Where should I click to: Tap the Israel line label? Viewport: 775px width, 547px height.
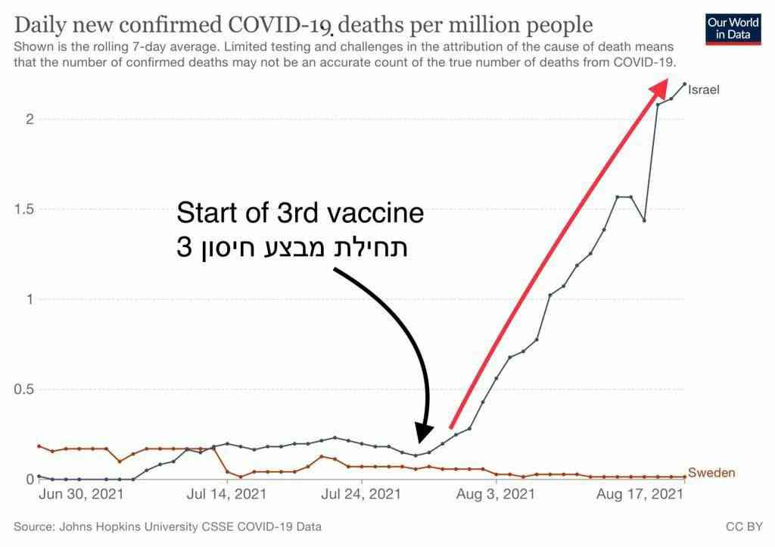[703, 89]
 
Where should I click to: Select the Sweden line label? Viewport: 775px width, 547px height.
[711, 474]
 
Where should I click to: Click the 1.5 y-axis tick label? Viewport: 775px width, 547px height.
[24, 209]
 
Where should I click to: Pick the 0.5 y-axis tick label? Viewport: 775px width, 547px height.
[24, 389]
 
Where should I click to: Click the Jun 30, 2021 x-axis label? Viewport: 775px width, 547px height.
[80, 495]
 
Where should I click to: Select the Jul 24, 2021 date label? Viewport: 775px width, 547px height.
[362, 495]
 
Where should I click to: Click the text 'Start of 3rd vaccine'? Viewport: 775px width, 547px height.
[300, 213]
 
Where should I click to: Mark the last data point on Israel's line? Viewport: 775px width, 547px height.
[684, 84]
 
